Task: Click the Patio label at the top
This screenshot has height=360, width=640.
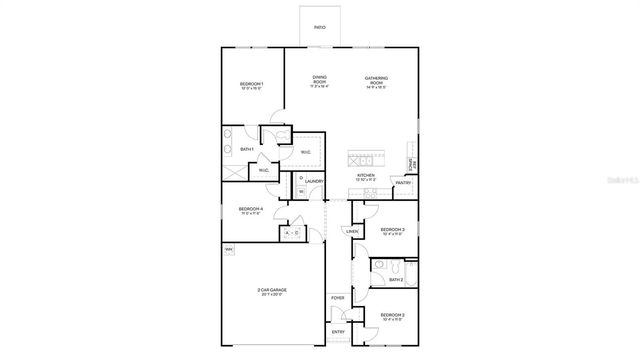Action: point(319,28)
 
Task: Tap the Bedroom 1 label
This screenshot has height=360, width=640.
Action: point(250,83)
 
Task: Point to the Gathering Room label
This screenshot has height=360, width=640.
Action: point(376,79)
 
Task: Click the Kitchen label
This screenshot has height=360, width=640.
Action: point(366,175)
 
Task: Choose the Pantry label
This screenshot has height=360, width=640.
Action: point(403,183)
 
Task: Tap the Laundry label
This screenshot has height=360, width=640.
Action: point(314,182)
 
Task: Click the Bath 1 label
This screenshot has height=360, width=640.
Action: point(246,149)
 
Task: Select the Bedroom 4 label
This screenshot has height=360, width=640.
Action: point(250,209)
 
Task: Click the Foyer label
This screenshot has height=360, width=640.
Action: point(337,298)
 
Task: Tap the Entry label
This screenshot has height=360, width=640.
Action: point(337,332)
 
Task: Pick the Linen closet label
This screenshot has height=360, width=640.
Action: point(352,232)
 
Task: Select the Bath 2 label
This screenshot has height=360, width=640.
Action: point(397,280)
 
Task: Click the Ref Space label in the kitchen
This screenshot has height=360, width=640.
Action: point(410,163)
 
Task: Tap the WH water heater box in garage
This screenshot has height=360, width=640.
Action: point(229,249)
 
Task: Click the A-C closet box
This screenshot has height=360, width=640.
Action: point(292,233)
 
